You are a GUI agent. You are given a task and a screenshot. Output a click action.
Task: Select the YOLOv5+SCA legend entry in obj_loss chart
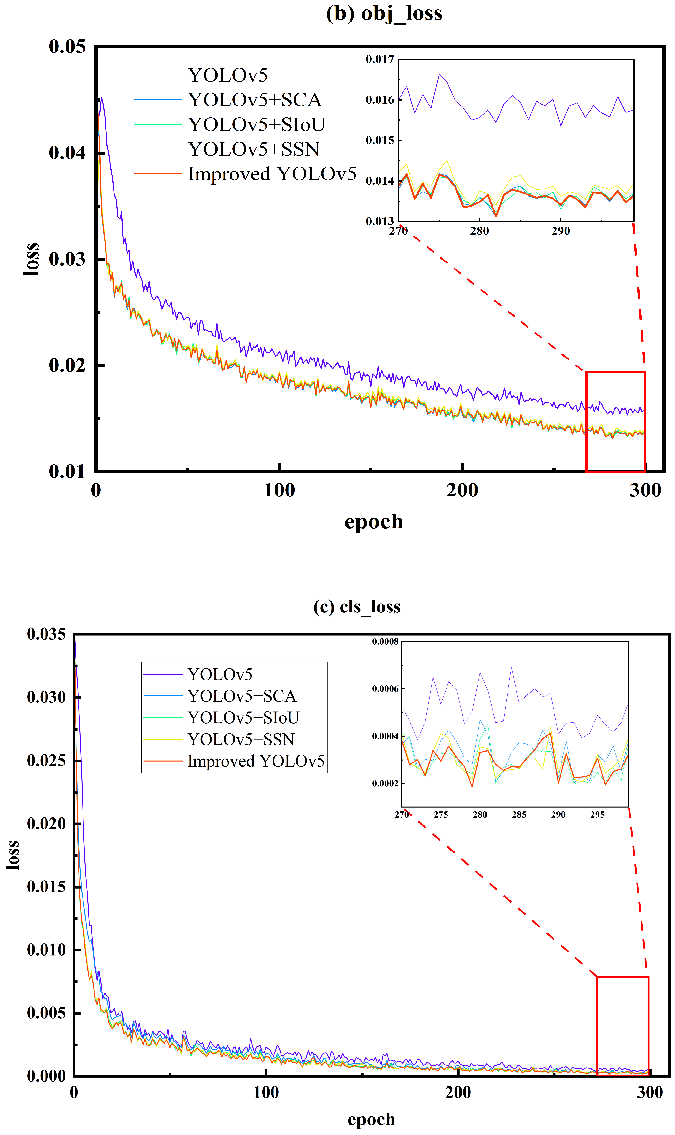click(x=255, y=100)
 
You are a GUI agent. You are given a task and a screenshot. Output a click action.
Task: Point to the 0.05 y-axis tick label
click(x=67, y=47)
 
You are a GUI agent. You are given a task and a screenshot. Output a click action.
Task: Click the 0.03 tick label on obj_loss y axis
click(x=67, y=259)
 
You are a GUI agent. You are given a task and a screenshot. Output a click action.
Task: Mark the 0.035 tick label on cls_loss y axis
click(x=46, y=634)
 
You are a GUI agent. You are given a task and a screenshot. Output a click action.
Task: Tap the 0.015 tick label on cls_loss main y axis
click(x=46, y=886)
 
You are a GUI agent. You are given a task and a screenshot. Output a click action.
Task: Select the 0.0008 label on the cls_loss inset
click(x=385, y=642)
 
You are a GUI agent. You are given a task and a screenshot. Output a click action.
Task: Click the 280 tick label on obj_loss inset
click(x=479, y=231)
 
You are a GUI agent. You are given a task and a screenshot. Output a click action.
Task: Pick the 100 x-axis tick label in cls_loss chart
click(x=266, y=1092)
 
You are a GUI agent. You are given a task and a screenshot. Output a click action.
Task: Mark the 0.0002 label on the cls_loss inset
click(x=385, y=784)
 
